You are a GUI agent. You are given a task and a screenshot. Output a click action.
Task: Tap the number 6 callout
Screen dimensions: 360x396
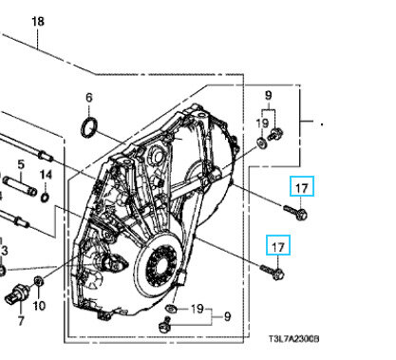88,98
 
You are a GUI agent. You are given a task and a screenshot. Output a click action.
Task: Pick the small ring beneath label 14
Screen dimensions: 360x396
47,199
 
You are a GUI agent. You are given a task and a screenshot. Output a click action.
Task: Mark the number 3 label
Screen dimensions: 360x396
4,250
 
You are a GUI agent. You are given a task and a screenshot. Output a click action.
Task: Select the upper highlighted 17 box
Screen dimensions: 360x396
301,188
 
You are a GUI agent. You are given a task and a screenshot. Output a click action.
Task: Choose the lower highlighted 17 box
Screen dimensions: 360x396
278,246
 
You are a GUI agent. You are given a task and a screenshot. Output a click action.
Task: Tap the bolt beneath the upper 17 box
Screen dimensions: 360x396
294,212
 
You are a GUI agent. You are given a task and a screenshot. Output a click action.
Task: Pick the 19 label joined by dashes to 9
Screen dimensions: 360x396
197,309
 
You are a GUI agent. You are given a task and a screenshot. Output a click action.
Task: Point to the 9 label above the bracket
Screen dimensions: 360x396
268,95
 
